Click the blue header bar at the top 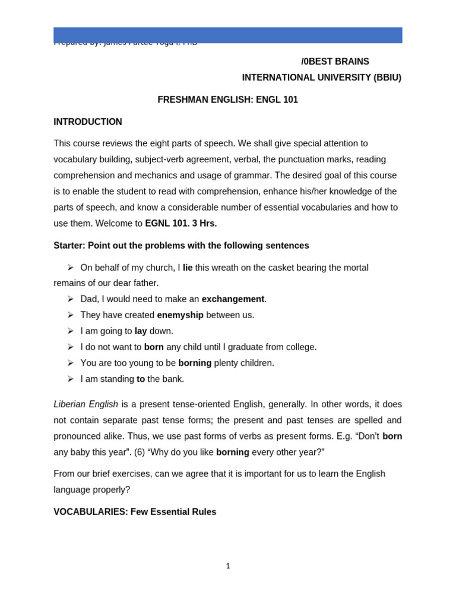click(x=227, y=35)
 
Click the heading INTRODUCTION click(x=88, y=122)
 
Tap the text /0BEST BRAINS click(x=335, y=62)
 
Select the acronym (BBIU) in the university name click(x=387, y=78)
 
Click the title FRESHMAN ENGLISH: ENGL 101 click(x=227, y=100)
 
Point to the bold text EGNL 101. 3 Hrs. click(x=181, y=224)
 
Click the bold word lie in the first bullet click(x=188, y=268)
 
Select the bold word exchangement click(x=233, y=299)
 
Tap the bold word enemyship click(x=180, y=315)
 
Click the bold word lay click(x=141, y=331)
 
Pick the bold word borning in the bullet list click(x=195, y=363)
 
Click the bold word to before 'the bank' click(x=141, y=379)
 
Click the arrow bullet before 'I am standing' click(x=70, y=379)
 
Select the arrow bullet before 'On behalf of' click(x=70, y=268)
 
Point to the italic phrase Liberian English click(x=85, y=404)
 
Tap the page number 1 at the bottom click(x=228, y=566)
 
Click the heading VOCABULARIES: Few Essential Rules click(x=135, y=511)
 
